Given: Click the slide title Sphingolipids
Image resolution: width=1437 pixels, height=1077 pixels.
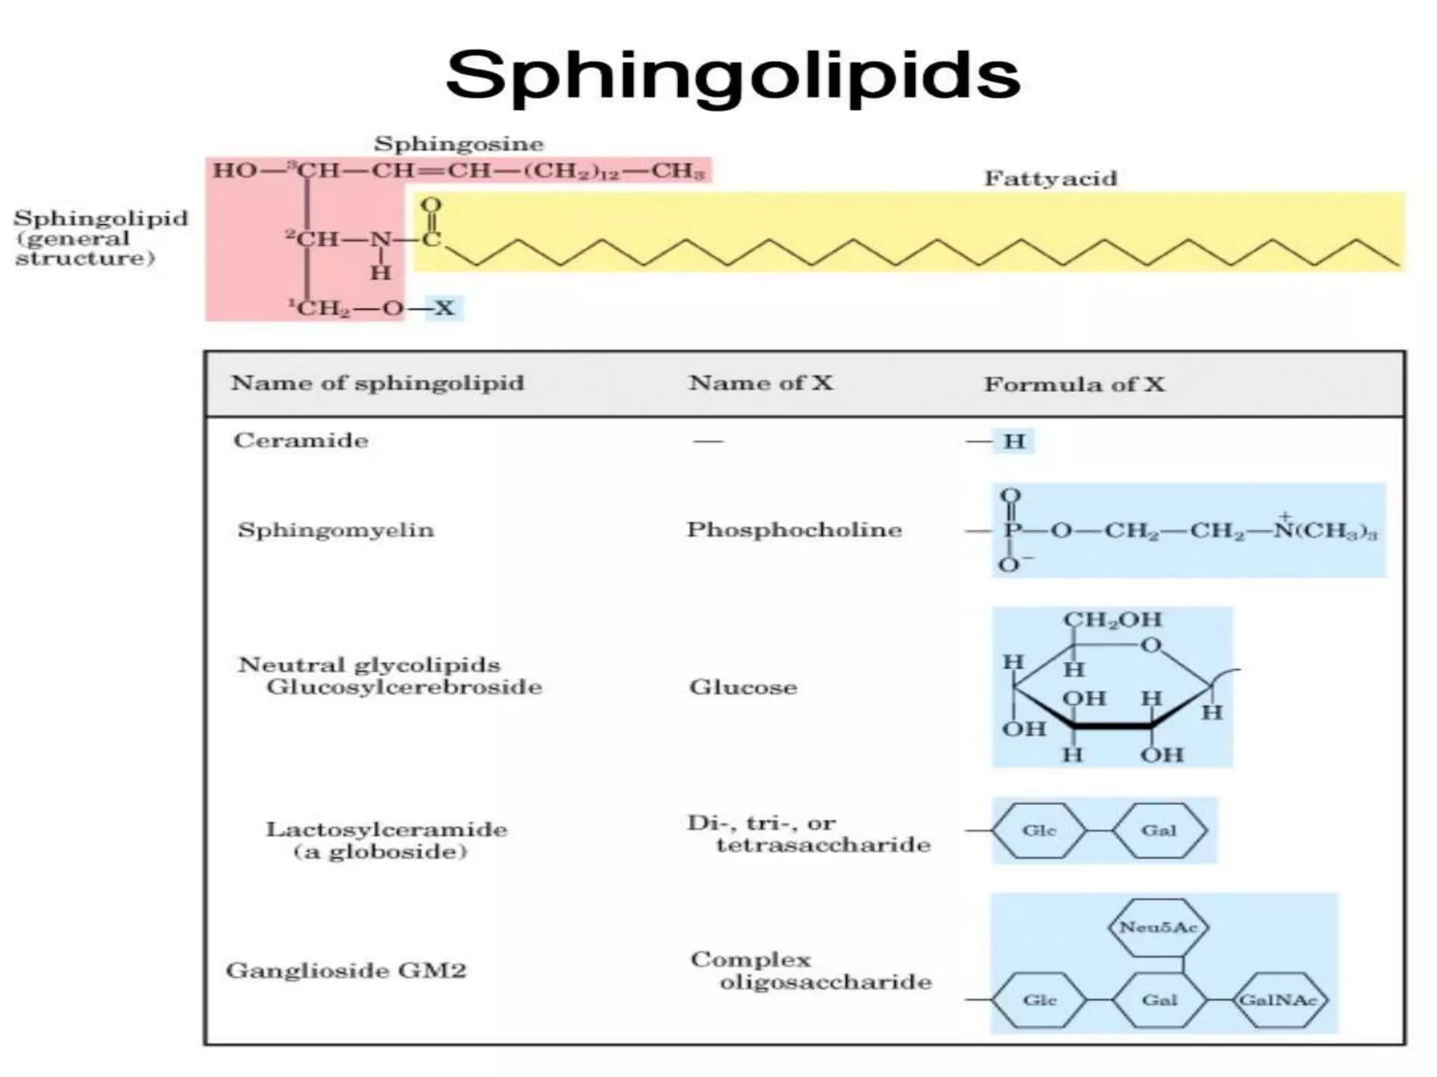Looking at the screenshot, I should pos(733,76).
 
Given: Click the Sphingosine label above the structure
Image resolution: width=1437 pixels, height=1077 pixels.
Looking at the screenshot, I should pos(459,144).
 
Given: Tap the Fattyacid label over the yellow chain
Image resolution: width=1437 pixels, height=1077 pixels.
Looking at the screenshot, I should pos(1050,178).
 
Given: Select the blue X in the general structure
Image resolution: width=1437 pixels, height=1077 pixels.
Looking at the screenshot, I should pos(444,308).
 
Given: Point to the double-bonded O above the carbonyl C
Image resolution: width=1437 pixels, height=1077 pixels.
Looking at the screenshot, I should pos(431,205).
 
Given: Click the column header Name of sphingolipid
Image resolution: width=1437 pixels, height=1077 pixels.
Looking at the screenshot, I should pos(377,383).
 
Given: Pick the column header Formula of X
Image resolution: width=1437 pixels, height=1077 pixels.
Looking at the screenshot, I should pos(1074,384).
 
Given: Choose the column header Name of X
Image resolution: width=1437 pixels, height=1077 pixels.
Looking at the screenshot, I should pos(761,383).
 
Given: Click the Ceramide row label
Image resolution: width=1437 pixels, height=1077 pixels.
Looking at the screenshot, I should pos(301,440).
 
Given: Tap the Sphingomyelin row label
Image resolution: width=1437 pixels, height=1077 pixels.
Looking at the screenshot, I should pos(336,529).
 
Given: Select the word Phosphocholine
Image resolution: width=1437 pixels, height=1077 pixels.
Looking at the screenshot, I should pos(794,529).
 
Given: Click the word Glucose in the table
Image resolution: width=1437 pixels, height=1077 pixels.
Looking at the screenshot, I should pos(743,686).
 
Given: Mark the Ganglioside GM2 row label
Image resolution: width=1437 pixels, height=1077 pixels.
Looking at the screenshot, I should pos(346,970).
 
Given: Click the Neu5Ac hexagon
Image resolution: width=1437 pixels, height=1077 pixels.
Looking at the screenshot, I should pos(1158,927).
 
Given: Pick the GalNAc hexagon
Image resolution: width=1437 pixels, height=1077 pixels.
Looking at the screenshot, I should pos(1278,1000).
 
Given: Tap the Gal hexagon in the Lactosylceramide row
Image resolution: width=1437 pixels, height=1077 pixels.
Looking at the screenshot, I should pos(1158,830).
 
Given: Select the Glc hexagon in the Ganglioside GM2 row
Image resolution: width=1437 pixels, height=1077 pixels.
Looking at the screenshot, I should pos(1039,1000).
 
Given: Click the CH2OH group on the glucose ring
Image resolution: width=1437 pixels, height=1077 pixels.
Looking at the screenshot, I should pos(1113,619).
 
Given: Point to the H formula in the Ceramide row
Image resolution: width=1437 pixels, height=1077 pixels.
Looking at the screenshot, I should pos(1014,441).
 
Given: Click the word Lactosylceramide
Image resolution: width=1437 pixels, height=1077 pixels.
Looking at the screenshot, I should pos(387,829).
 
